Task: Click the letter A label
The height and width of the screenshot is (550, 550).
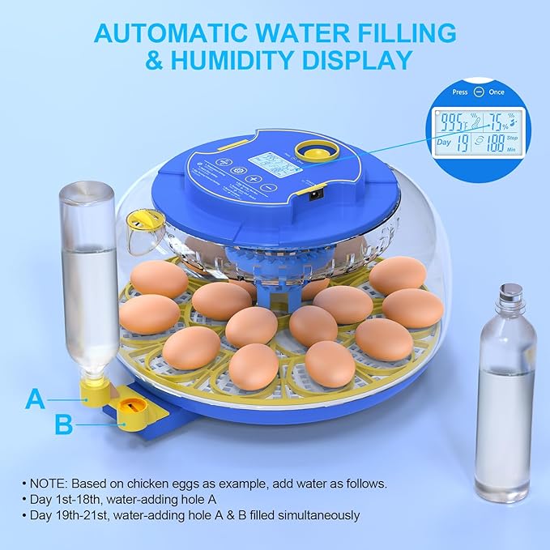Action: coord(35,398)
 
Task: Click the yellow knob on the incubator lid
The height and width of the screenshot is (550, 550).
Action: coord(310,151)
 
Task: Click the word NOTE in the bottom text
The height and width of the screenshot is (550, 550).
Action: coord(53,483)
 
